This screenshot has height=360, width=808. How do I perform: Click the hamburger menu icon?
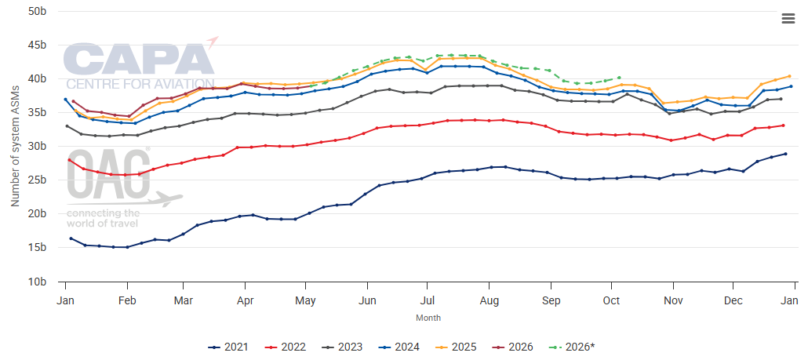pyautogui.click(x=788, y=19)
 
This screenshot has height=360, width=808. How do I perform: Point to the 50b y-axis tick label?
pyautogui.click(x=37, y=12)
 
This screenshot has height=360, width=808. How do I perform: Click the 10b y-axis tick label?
pyautogui.click(x=37, y=281)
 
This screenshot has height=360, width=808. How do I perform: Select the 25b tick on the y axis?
pyautogui.click(x=37, y=180)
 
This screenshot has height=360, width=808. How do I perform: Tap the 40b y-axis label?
pyautogui.click(x=37, y=79)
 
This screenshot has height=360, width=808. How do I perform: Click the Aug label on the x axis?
pyautogui.click(x=490, y=300)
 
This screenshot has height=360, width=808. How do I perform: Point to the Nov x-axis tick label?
pyautogui.click(x=673, y=300)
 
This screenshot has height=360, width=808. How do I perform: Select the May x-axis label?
pyautogui.click(x=307, y=300)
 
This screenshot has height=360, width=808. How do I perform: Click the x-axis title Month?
pyautogui.click(x=428, y=318)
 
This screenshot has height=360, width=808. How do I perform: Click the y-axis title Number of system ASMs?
pyautogui.click(x=15, y=147)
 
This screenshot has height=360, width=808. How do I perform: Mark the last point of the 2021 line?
pyautogui.click(x=784, y=154)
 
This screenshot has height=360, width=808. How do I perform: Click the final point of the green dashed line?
pyautogui.click(x=619, y=78)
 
